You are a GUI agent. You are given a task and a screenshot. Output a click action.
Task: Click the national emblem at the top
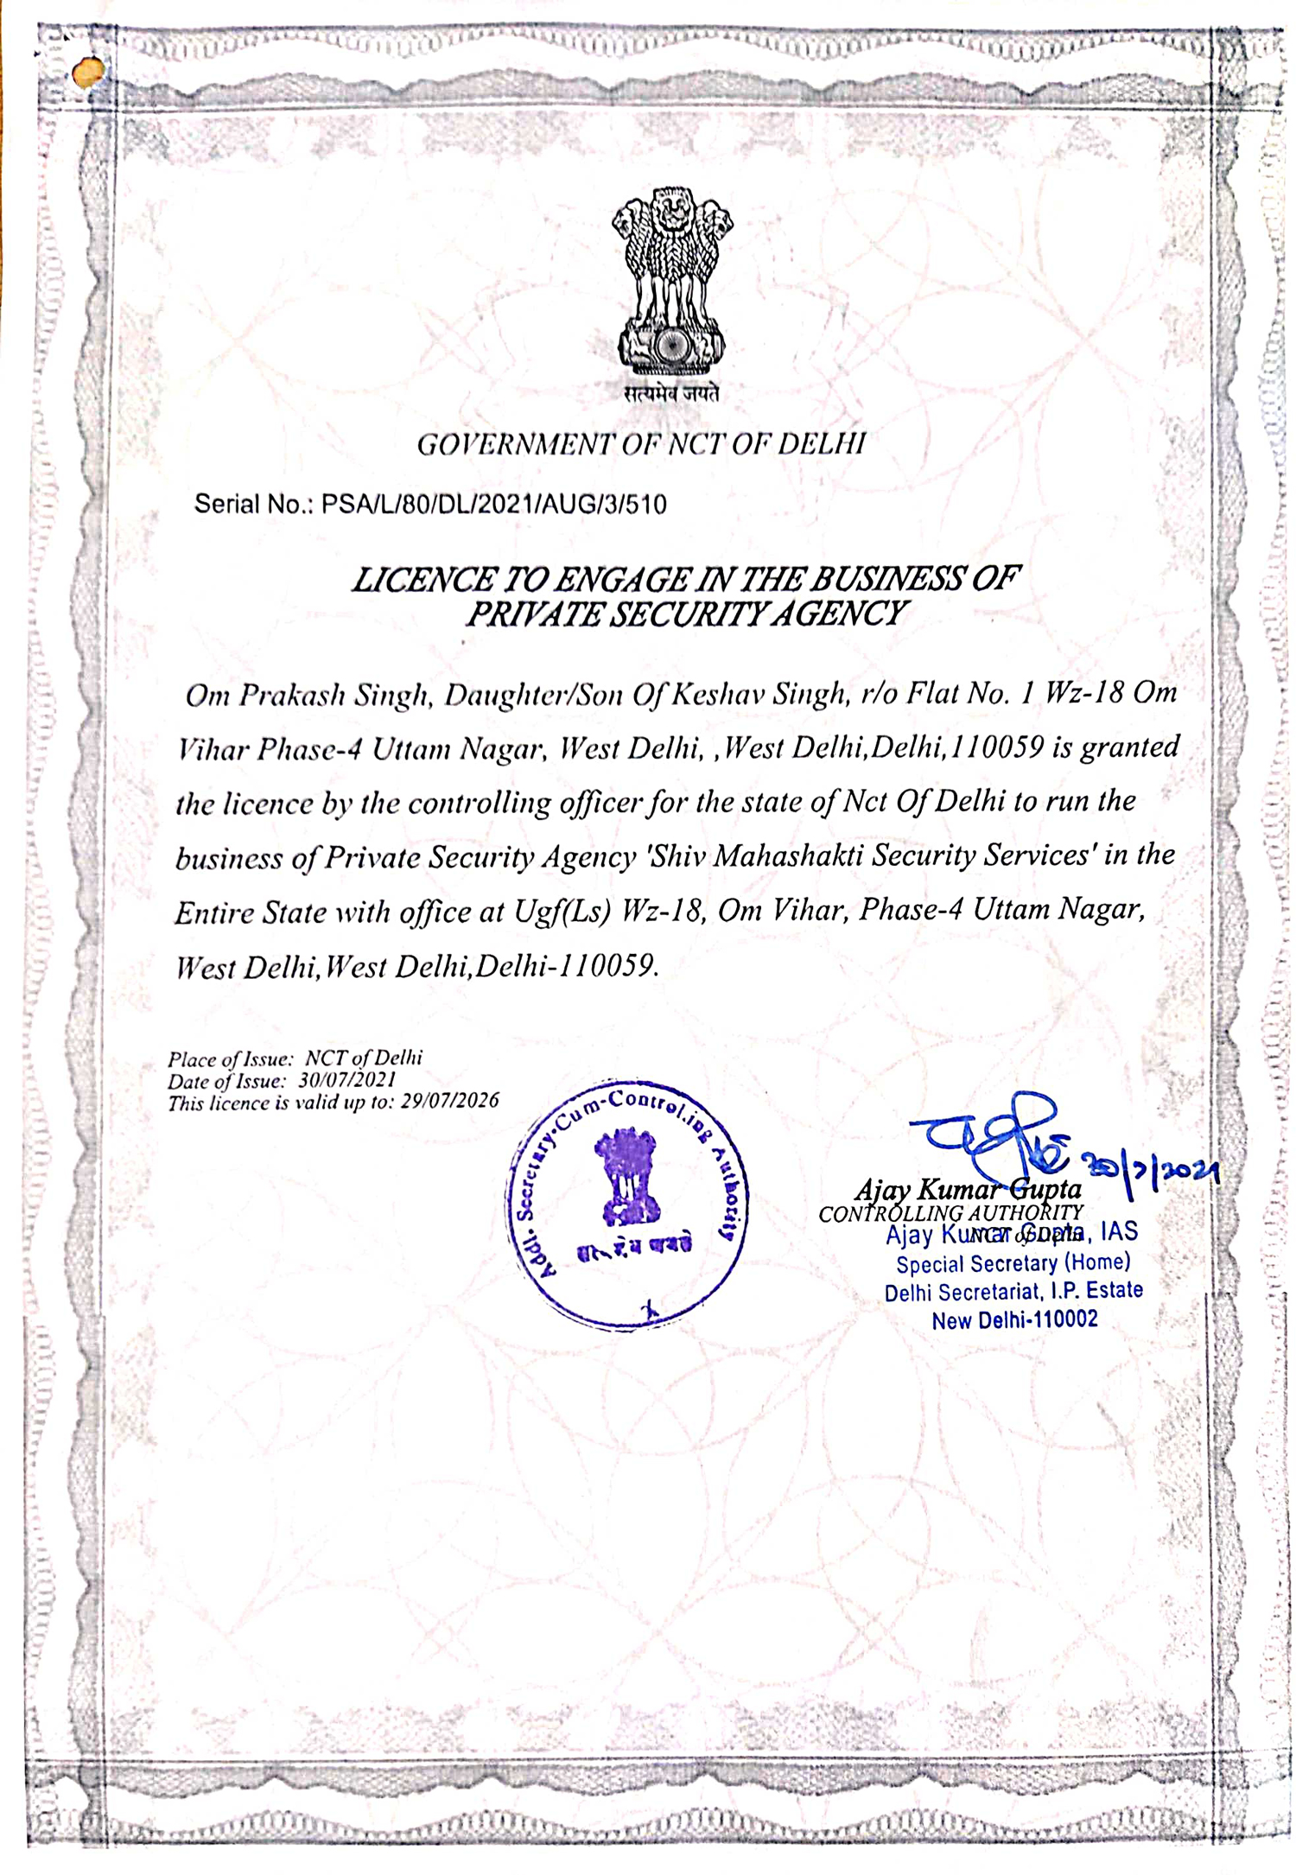(670, 281)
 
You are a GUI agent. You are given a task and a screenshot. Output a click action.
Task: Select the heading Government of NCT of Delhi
(641, 444)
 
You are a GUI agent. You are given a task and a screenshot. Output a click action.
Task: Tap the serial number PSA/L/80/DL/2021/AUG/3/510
(493, 505)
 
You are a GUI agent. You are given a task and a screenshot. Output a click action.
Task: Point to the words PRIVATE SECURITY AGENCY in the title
(685, 613)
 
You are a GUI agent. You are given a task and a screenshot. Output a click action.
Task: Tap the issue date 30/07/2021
(347, 1080)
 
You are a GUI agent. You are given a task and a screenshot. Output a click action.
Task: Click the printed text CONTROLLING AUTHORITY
(950, 1213)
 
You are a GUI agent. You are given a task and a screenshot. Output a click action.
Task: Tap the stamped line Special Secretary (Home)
(1013, 1263)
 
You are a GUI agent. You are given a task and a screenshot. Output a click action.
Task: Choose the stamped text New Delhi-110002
(1014, 1320)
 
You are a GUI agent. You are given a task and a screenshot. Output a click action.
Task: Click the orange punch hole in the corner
(87, 73)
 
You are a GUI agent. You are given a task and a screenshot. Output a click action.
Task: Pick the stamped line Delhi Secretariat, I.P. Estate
(1013, 1292)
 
